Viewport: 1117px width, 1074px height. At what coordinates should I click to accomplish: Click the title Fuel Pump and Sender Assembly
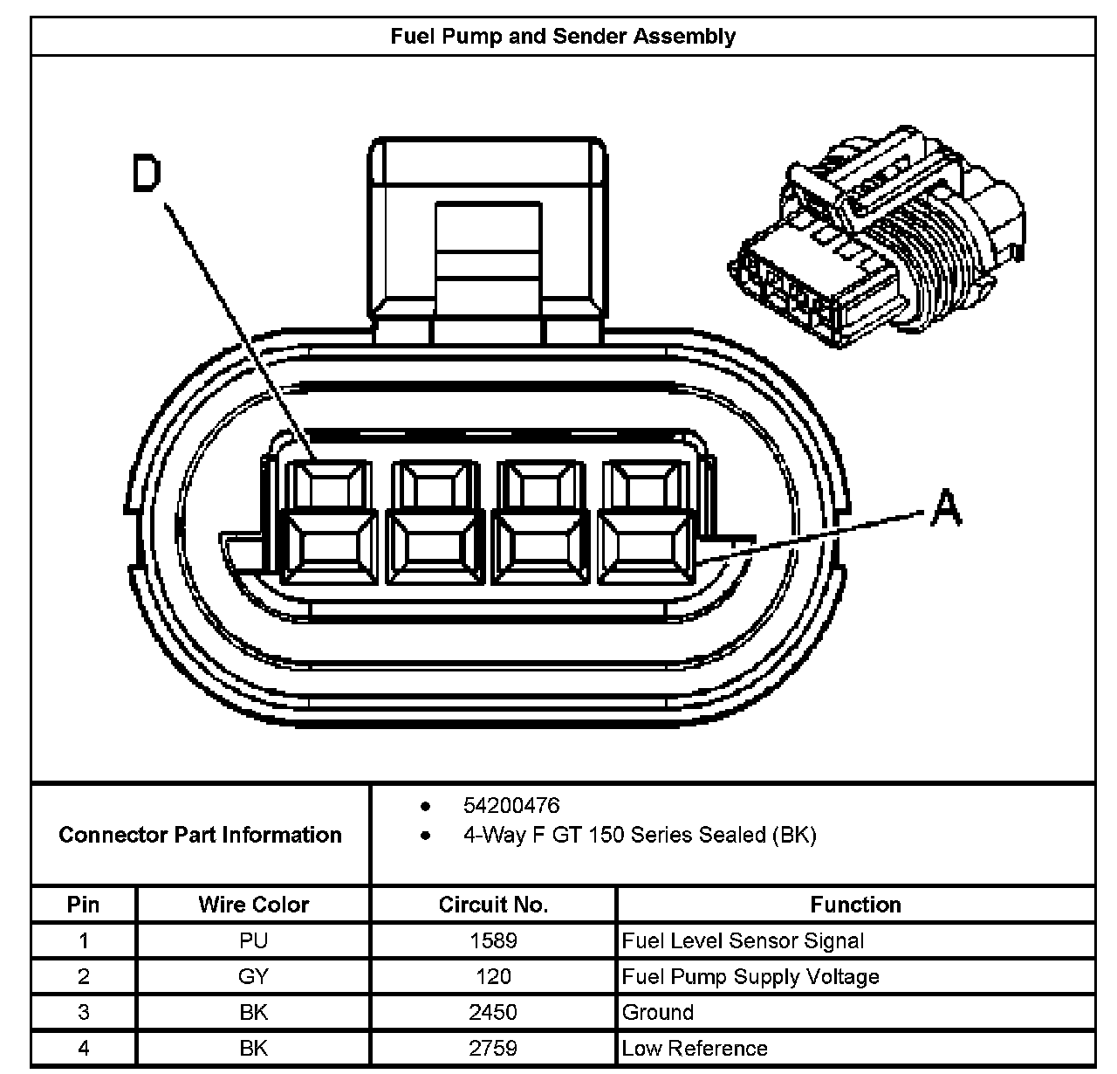563,37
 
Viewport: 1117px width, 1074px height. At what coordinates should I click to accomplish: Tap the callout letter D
147,173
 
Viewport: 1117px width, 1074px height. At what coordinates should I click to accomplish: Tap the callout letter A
945,507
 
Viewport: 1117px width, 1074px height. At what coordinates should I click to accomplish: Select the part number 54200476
511,805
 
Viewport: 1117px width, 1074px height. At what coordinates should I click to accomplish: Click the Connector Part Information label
200,835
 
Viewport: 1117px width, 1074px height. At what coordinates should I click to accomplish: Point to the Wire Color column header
253,905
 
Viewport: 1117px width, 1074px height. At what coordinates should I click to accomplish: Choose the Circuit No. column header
493,905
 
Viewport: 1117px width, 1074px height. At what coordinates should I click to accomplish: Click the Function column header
855,905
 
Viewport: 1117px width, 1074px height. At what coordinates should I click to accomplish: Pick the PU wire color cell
253,940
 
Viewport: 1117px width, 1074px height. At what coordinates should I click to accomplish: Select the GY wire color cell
253,976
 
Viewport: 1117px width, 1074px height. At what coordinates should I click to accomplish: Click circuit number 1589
493,940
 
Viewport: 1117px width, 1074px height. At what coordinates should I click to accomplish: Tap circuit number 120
493,976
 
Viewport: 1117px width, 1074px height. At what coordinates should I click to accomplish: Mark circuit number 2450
493,1012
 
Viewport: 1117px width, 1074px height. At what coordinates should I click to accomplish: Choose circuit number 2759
493,1048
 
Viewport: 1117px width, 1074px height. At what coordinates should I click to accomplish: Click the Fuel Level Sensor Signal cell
743,940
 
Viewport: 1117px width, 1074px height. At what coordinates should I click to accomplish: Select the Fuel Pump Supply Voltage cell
750,976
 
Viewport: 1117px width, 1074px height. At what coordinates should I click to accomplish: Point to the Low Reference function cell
695,1048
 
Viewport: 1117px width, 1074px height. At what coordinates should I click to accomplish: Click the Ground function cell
658,1012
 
